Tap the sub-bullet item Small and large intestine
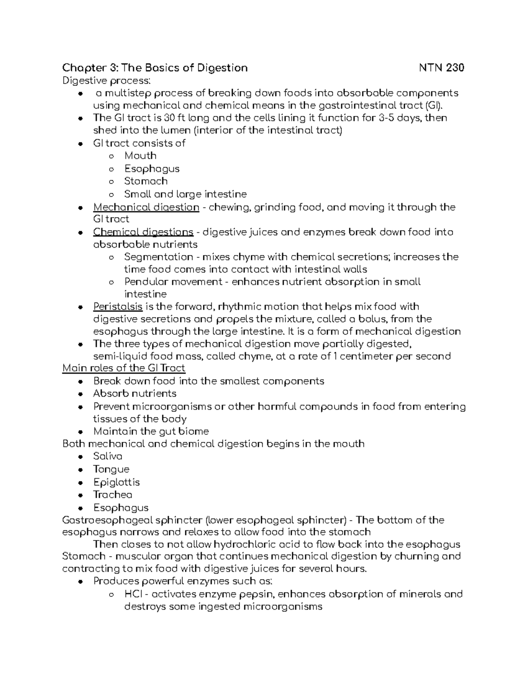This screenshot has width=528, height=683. (185, 194)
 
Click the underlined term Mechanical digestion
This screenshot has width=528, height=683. (146, 207)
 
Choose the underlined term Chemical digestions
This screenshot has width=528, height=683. (143, 232)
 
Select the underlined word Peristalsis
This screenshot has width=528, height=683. (117, 307)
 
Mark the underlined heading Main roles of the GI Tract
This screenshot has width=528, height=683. (124, 368)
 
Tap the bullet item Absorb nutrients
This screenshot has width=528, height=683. (135, 394)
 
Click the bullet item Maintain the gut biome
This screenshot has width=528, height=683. (151, 431)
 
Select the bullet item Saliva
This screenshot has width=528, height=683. (108, 457)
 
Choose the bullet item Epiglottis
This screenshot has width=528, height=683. (116, 482)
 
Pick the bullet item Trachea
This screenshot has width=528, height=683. (113, 495)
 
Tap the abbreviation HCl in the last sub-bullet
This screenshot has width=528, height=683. (132, 594)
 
